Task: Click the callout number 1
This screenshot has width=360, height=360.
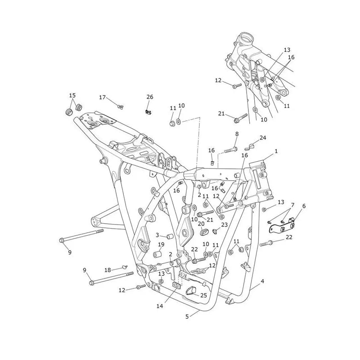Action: (x=276, y=151)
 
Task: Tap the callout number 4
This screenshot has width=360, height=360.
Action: (x=262, y=281)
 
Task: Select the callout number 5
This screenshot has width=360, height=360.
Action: (x=187, y=317)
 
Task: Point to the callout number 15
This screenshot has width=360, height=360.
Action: (x=72, y=95)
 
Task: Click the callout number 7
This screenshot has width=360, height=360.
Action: (x=292, y=205)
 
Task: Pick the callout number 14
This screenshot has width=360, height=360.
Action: (x=160, y=306)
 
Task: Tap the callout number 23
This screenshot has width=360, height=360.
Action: (x=224, y=224)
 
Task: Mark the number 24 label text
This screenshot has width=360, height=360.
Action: (x=263, y=138)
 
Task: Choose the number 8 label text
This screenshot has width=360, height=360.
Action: (x=237, y=134)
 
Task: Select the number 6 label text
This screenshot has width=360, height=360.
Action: (x=304, y=206)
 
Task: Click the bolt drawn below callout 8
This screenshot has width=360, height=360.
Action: (x=231, y=150)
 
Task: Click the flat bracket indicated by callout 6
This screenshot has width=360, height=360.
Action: (x=281, y=226)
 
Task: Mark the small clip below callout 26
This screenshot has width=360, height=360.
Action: (x=148, y=112)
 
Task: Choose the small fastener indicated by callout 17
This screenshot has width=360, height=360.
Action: (x=120, y=107)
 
